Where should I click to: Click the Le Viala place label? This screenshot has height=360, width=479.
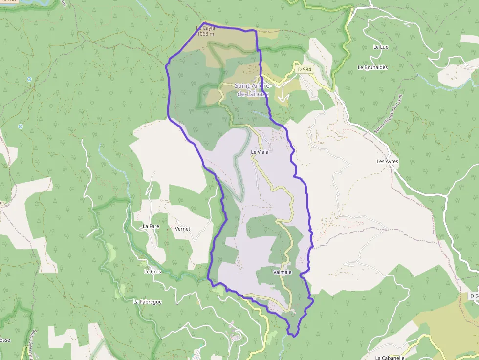[260, 152]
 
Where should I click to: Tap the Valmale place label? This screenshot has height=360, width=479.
[283, 272]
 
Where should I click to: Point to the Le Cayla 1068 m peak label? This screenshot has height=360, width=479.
[205, 31]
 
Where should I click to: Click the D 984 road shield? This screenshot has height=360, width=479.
[305, 69]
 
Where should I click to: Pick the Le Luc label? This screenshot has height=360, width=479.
[380, 47]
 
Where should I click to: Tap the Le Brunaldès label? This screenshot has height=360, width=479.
[372, 67]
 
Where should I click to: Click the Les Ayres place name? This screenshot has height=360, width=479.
[388, 161]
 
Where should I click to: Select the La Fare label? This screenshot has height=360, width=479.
[152, 226]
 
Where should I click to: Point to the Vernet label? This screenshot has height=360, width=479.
[182, 228]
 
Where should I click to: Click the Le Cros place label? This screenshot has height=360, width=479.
[152, 271]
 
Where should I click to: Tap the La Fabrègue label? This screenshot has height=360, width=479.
[148, 302]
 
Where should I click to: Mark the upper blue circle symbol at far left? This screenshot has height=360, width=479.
[29, 79]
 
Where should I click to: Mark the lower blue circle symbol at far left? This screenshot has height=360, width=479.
[21, 127]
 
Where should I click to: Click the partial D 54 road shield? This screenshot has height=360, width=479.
[474, 296]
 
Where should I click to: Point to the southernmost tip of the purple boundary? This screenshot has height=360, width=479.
[294, 336]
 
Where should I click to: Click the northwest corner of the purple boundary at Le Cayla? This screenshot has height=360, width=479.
[204, 22]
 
